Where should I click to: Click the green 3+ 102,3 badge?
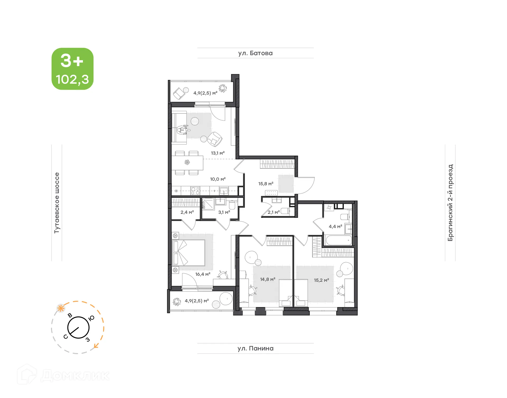pyautogui.click(x=72, y=69)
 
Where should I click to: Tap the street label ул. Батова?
pyautogui.click(x=255, y=53)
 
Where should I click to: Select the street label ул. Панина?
pyautogui.click(x=255, y=348)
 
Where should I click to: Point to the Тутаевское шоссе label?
pyautogui.click(x=57, y=203)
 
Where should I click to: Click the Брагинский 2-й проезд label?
pyautogui.click(x=450, y=203)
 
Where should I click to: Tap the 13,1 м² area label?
pyautogui.click(x=218, y=153)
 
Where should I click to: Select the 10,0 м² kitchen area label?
pyautogui.click(x=218, y=179)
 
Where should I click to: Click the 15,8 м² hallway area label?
pyautogui.click(x=266, y=184)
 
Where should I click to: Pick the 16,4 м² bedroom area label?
pyautogui.click(x=203, y=274)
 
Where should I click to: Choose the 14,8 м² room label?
pyautogui.click(x=267, y=279)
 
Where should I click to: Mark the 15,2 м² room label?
pyautogui.click(x=321, y=280)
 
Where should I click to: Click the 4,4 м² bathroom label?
pyautogui.click(x=335, y=227)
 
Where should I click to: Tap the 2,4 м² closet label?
pyautogui.click(x=187, y=212)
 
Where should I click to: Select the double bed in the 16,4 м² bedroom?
pyautogui.click(x=189, y=253)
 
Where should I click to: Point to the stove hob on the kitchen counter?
pyautogui.click(x=195, y=191)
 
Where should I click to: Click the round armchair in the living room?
pyautogui.click(x=214, y=139)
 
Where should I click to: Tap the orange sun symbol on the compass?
pyautogui.click(x=61, y=308)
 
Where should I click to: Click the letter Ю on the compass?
pyautogui.click(x=91, y=318)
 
